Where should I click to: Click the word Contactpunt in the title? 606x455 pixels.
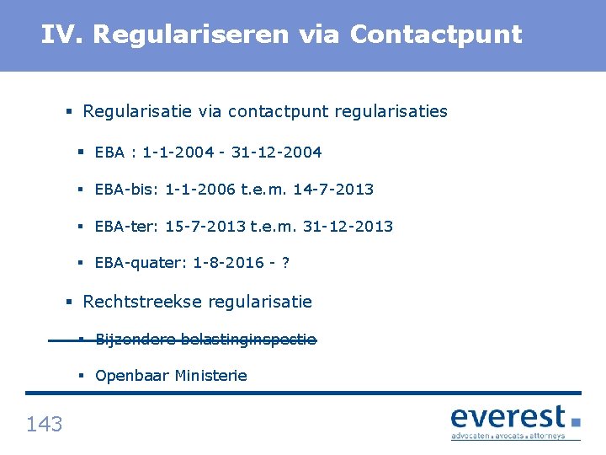coord(436,35)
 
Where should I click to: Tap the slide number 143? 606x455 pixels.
coord(44,424)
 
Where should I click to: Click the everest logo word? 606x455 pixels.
coord(508,416)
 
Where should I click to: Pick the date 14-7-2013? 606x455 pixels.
coord(335,190)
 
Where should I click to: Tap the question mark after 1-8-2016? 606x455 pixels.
coord(285,263)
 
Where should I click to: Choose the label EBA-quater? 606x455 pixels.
coord(141,263)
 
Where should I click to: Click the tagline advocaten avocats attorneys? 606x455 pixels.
coord(508,436)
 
